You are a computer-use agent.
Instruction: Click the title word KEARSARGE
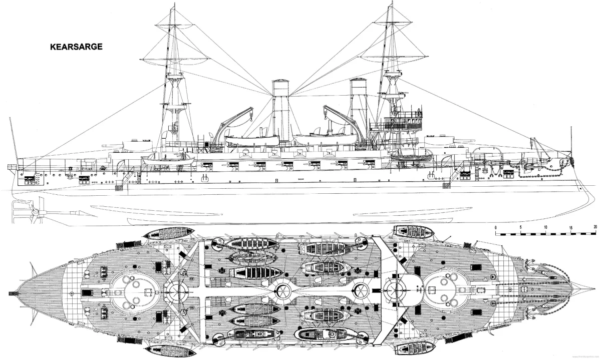[x=76, y=47]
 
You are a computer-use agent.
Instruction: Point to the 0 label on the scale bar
[x=495, y=228]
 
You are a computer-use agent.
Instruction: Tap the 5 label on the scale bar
[x=520, y=228]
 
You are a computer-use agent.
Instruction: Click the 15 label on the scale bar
[x=570, y=228]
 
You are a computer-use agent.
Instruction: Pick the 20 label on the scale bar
[x=595, y=228]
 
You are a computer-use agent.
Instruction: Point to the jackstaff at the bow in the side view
[x=570, y=140]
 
